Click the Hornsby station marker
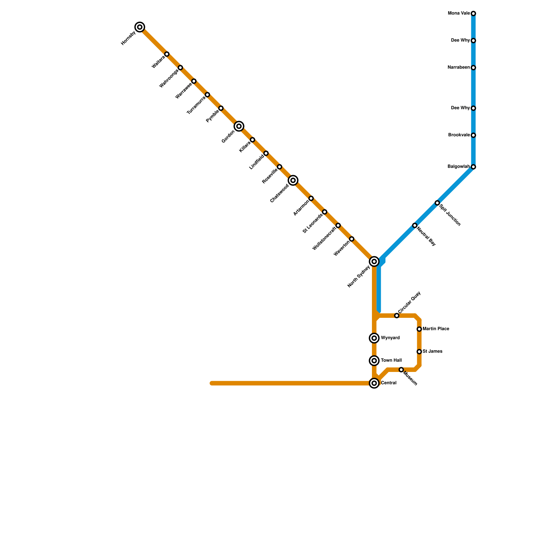pos(140,27)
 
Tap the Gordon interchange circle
pos(239,126)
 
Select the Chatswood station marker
pos(293,181)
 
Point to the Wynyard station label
pos(390,338)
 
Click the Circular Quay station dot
pos(397,315)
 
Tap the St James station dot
pos(419,352)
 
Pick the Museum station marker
pos(401,370)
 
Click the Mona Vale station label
pos(458,14)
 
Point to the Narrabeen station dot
pos(473,68)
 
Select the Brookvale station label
pos(458,135)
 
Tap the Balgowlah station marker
pos(473,167)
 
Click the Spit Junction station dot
pos(437,203)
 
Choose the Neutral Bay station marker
pos(415,226)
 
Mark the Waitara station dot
pos(167,54)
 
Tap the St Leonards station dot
pos(325,212)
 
